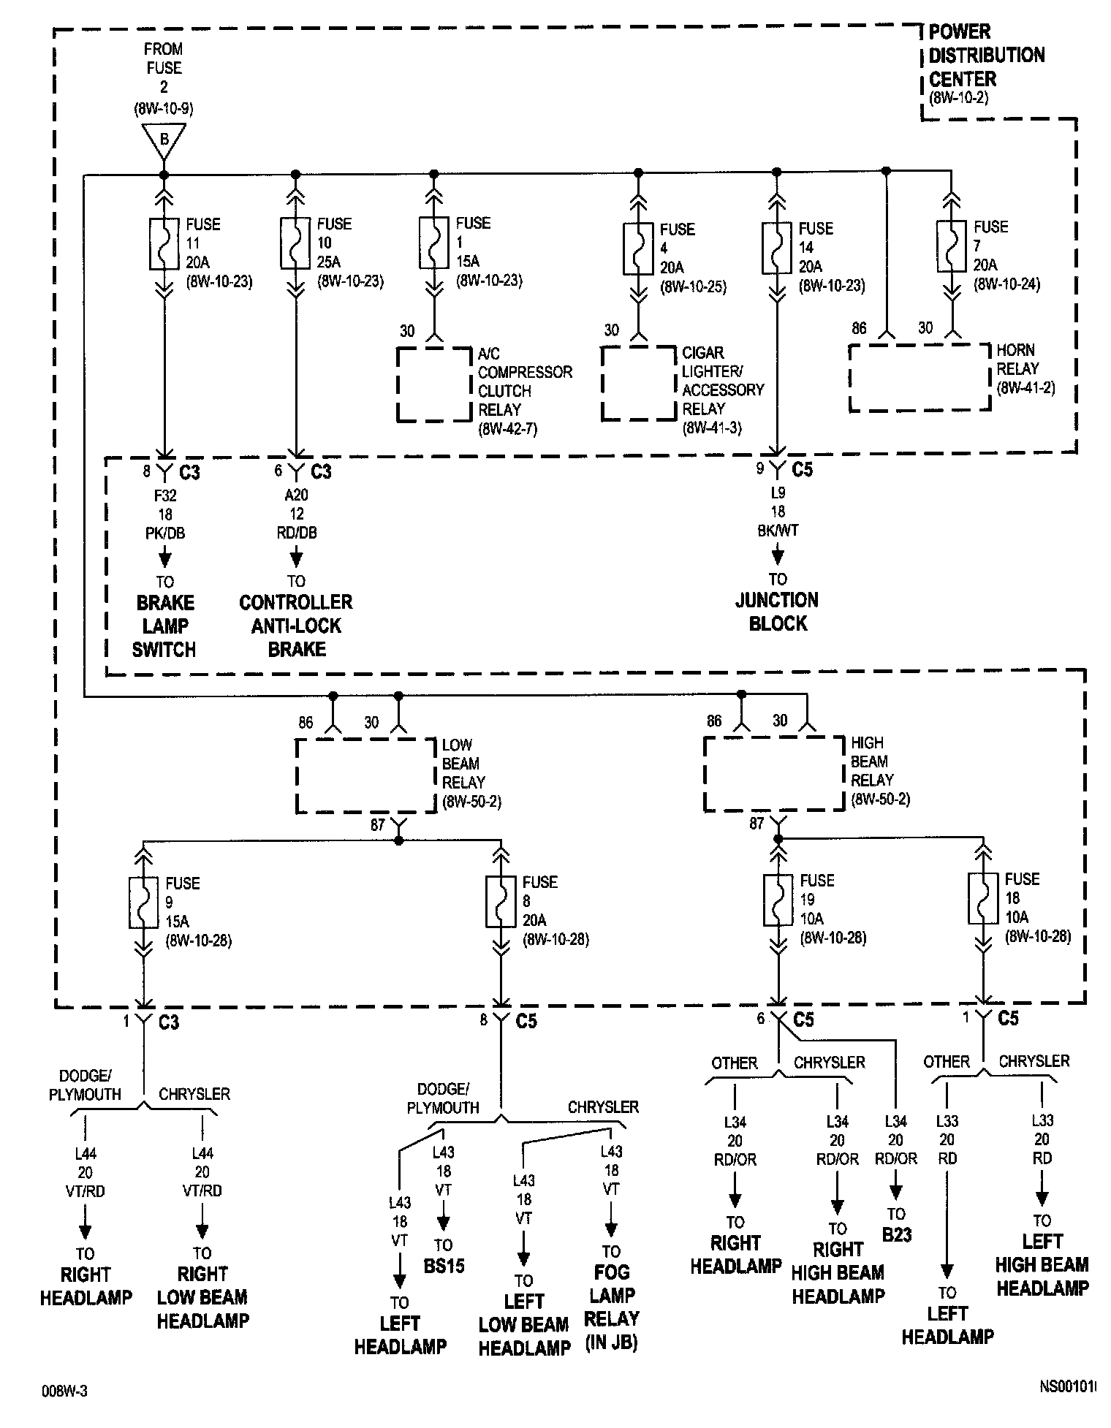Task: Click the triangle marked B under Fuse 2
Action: click(x=164, y=140)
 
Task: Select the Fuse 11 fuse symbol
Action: click(x=164, y=243)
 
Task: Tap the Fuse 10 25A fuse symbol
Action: click(x=295, y=243)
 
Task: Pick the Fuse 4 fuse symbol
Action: click(x=638, y=248)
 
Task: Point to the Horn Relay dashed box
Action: click(x=919, y=378)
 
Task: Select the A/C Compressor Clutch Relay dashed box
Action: click(x=434, y=384)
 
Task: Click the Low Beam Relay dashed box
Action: click(x=366, y=775)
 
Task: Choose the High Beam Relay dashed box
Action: click(x=774, y=773)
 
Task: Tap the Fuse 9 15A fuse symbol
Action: click(x=144, y=903)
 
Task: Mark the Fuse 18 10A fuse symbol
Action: click(x=983, y=899)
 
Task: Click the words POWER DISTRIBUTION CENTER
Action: click(x=985, y=56)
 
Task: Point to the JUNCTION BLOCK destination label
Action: click(x=776, y=612)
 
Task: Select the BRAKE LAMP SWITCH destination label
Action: click(x=164, y=626)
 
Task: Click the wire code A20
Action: click(x=296, y=495)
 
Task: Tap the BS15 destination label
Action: click(x=444, y=1266)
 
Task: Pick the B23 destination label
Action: click(x=896, y=1235)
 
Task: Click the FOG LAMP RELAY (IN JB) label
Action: click(x=612, y=1307)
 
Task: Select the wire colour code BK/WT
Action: click(x=778, y=531)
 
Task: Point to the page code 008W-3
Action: click(x=64, y=1391)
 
